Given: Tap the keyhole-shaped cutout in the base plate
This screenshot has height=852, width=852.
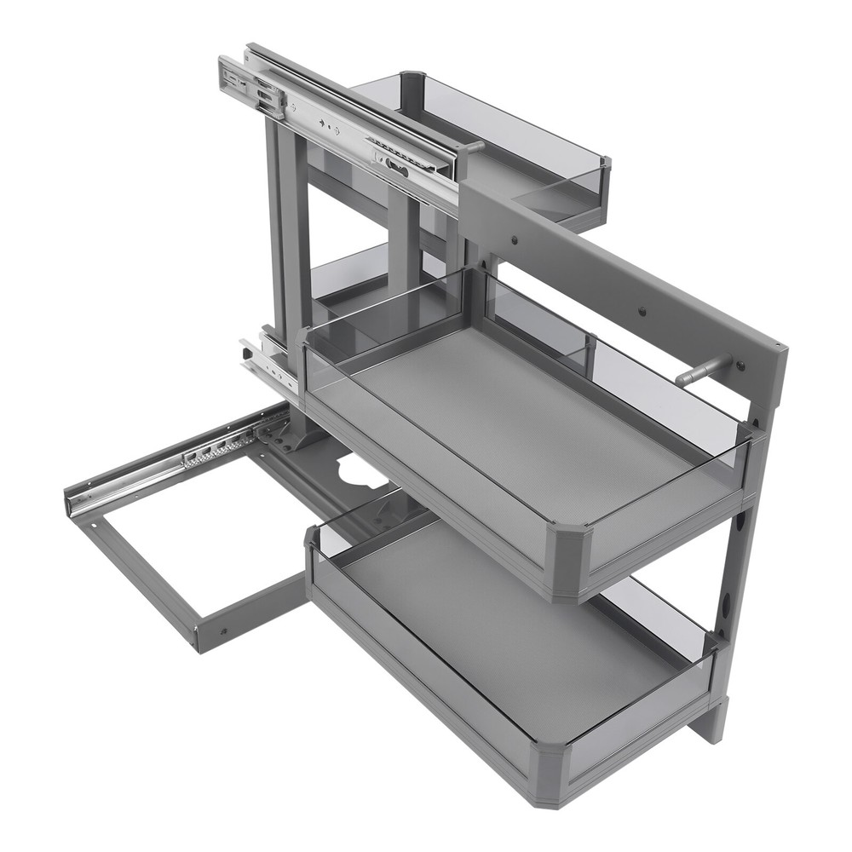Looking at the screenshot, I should [x=356, y=468].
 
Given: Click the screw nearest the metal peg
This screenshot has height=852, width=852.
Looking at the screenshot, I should [x=740, y=366].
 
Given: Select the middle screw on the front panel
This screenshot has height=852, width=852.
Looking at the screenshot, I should [x=642, y=312].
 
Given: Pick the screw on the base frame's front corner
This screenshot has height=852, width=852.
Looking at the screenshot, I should [x=223, y=632].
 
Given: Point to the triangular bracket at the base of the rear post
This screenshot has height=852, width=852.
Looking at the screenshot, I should [x=290, y=435].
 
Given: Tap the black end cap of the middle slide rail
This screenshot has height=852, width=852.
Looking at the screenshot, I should [x=245, y=349].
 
